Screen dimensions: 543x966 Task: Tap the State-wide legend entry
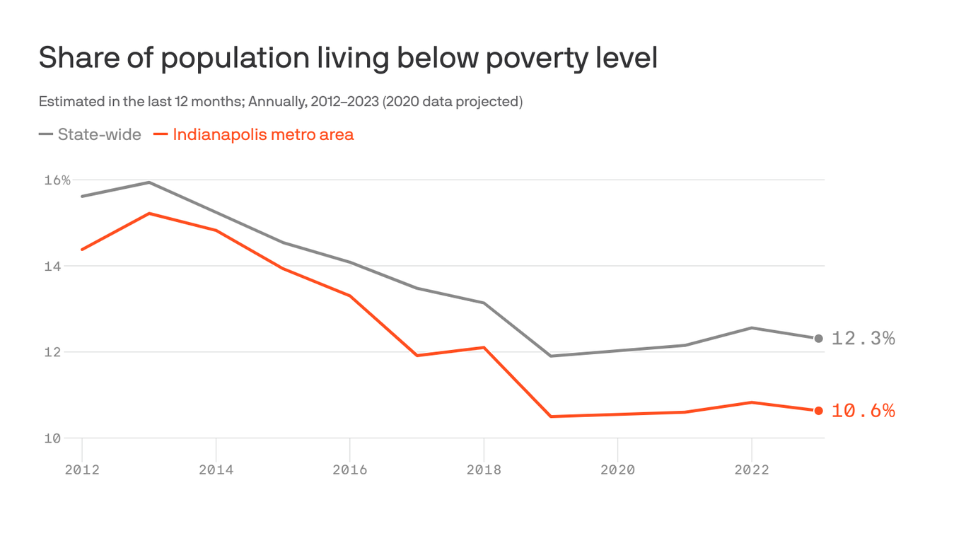point(91,134)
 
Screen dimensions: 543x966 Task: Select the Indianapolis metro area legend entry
point(254,134)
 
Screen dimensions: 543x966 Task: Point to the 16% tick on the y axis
point(57,180)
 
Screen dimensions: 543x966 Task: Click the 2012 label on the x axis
point(82,469)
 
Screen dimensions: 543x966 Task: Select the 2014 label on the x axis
point(216,469)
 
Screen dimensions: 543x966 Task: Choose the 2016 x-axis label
point(350,469)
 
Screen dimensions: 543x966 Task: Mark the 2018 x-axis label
point(484,469)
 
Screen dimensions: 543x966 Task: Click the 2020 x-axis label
point(617,469)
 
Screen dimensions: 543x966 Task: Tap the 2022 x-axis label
point(752,469)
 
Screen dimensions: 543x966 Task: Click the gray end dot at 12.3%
point(818,339)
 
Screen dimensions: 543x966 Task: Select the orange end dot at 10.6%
point(818,411)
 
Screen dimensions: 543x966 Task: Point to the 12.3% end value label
point(863,339)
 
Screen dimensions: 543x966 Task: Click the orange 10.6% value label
point(863,411)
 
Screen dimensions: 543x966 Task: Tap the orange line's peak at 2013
point(149,214)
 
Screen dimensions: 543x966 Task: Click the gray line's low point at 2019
point(551,356)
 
